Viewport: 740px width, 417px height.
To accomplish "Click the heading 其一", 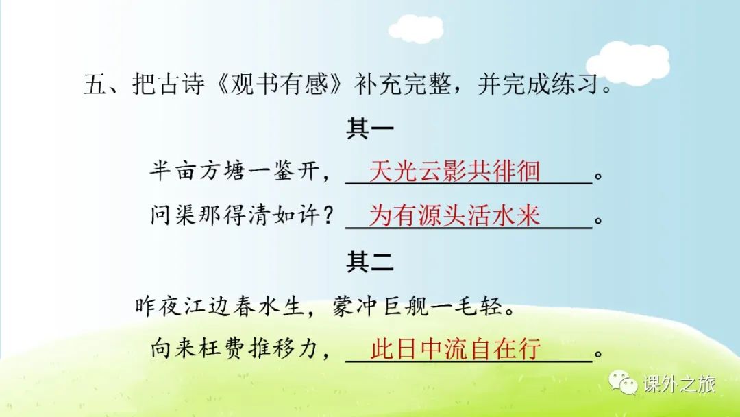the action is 370,128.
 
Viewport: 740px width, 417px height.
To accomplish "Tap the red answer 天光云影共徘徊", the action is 454,171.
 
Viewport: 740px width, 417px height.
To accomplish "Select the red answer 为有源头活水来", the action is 454,215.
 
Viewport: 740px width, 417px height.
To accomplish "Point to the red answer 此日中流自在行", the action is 456,350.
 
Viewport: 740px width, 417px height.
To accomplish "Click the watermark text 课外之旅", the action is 678,383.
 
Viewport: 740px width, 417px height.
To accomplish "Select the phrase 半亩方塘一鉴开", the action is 235,171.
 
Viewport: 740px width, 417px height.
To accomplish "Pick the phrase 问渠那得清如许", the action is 235,215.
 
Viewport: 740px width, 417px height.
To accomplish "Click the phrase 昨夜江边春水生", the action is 219,306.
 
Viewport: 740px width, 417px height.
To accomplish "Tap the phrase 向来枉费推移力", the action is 235,350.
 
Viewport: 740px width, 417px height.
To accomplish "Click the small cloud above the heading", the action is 416,28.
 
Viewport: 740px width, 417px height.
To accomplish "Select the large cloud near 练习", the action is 628,63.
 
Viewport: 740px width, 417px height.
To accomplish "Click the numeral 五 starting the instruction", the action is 95,84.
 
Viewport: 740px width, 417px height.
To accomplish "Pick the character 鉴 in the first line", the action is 284,171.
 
